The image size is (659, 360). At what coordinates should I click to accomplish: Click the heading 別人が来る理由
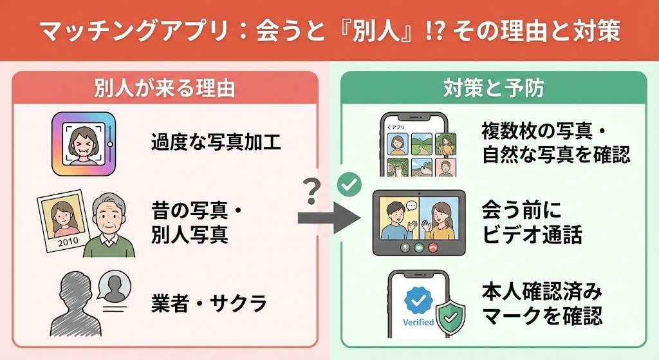(164, 88)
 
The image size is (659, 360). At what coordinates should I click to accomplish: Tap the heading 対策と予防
(494, 88)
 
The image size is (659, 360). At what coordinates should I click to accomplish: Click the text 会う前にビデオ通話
(532, 222)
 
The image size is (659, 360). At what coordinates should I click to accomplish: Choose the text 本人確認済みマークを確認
(542, 304)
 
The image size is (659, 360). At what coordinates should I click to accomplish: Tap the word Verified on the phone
(418, 322)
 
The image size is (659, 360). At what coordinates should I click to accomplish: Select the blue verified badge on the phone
(418, 297)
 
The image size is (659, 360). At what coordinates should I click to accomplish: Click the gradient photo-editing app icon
(84, 142)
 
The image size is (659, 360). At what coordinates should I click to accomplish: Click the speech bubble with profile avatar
(114, 285)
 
